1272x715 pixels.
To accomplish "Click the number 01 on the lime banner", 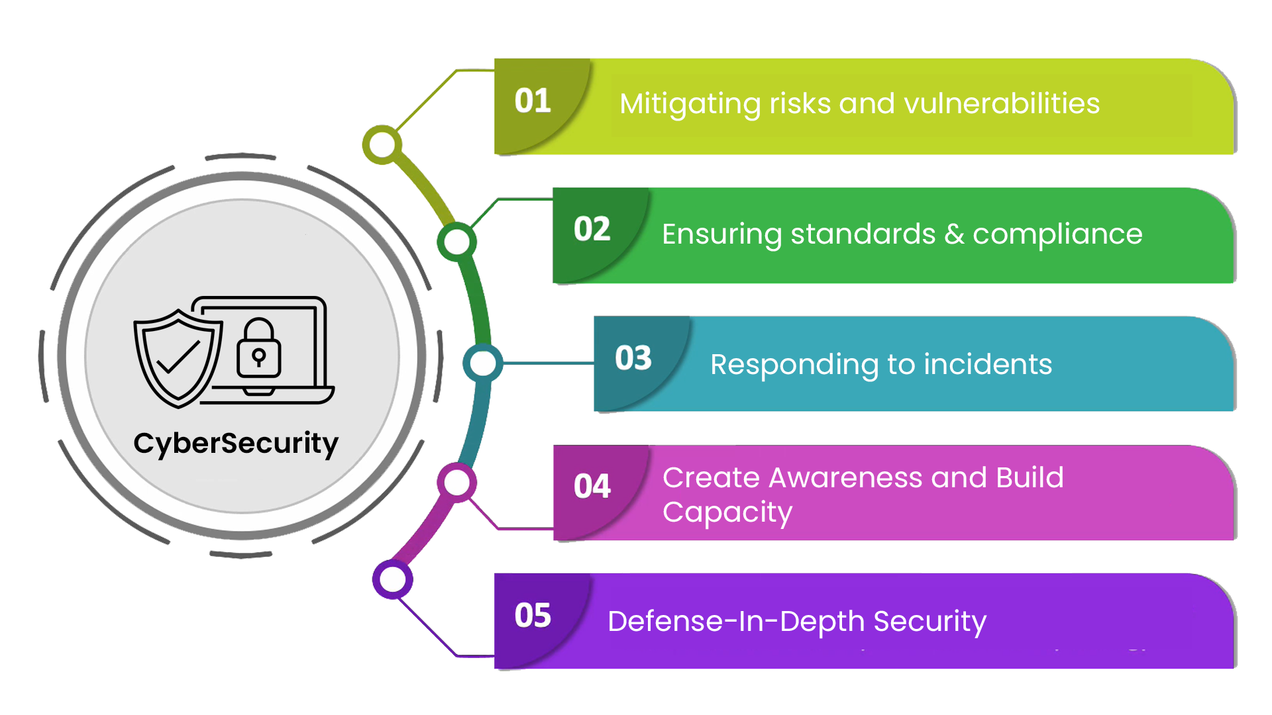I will coord(533,101).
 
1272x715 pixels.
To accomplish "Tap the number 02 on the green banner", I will coord(592,230).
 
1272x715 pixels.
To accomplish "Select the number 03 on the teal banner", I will coord(633,358).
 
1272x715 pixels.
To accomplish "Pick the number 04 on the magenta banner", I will coord(592,487).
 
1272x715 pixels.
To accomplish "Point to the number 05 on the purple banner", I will coord(533,616).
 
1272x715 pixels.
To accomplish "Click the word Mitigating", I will coord(689,105).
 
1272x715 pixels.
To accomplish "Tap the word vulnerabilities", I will coord(1001,104).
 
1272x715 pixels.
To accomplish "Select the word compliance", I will coord(1057,234).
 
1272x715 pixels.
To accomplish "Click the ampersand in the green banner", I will coord(954,234).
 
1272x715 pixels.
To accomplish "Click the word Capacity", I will coord(727,513).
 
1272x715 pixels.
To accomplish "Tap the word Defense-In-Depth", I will coord(735,622).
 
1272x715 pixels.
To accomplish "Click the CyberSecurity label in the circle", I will coord(236,444).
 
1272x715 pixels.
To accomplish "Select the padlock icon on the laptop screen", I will coord(259,349).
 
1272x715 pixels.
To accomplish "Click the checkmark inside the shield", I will coord(178,358).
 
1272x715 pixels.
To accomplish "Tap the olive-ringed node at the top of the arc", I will coord(382,145).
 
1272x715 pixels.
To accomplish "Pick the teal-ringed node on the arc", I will coord(482,363).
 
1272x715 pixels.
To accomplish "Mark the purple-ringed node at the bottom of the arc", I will coord(393,580).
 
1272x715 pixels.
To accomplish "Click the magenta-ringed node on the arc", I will coord(456,483).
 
